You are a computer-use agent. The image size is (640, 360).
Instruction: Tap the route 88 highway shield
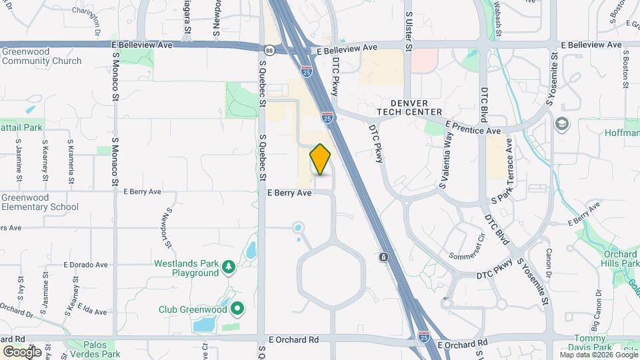click(267, 49)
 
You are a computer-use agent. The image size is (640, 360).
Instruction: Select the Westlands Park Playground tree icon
click(229, 267)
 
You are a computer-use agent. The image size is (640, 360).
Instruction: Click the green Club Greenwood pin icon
click(237, 309)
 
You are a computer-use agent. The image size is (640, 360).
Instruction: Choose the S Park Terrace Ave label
click(503, 170)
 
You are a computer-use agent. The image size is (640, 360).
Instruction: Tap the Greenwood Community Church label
click(41, 56)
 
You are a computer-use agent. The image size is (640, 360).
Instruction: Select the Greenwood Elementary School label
click(40, 202)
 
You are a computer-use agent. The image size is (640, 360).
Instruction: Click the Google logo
click(22, 351)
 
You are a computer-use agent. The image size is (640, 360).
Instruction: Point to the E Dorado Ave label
click(86, 265)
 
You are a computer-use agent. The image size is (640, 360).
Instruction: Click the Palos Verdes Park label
click(93, 349)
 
